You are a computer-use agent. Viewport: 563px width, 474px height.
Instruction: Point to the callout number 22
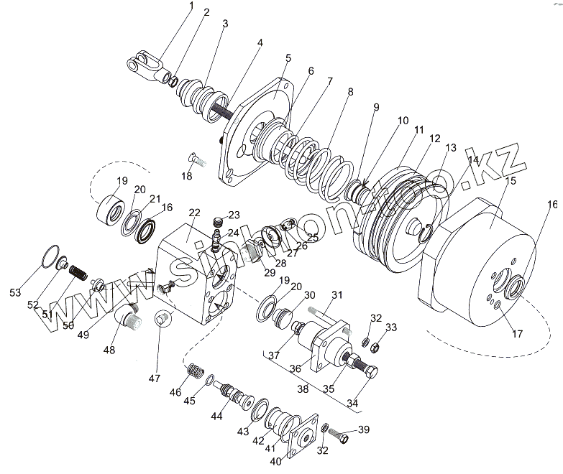(x=194, y=213)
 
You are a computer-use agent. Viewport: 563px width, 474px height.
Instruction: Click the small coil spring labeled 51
(x=78, y=274)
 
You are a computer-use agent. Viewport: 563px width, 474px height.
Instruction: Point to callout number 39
(x=363, y=429)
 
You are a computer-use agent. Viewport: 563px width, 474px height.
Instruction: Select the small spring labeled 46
(x=194, y=372)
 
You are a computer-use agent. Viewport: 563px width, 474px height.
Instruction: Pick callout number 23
(x=234, y=215)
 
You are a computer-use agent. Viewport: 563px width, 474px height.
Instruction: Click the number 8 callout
(x=350, y=91)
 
